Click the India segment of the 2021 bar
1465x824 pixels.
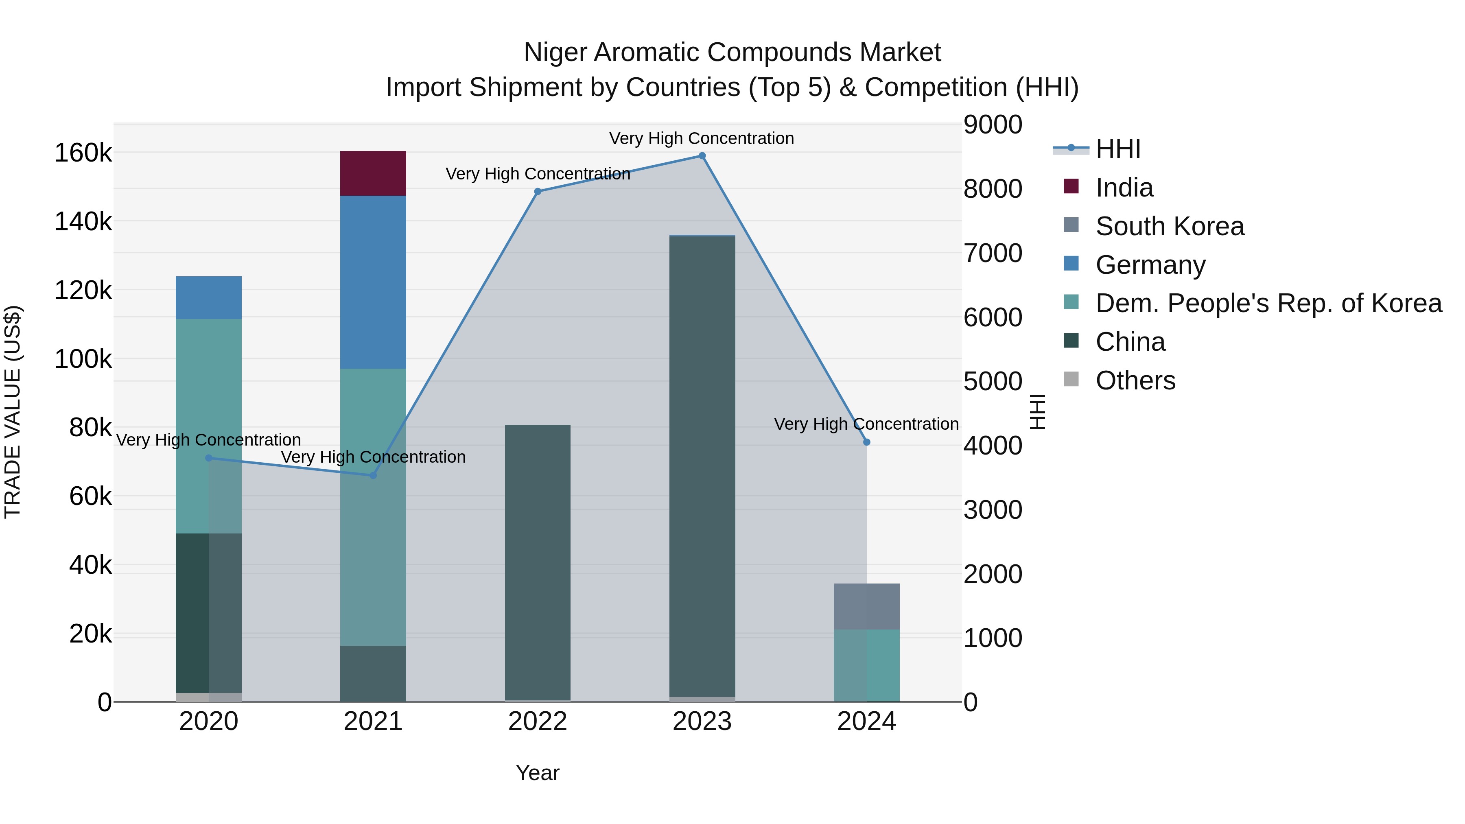coord(373,173)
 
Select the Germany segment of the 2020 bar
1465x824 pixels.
coord(209,297)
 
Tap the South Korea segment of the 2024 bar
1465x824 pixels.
coord(866,606)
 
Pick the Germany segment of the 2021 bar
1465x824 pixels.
coord(373,282)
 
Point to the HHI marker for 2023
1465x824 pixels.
coord(702,156)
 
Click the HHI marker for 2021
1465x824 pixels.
coord(373,475)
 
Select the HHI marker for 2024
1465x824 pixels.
coord(866,442)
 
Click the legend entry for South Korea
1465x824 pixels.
coord(1169,226)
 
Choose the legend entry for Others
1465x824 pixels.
coord(1135,380)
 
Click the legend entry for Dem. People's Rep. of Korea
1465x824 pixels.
coord(1268,303)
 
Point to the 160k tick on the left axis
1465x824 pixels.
coord(83,153)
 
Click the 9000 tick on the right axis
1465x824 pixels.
coord(993,125)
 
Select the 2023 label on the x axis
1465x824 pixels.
coord(702,721)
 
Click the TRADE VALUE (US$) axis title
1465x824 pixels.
coord(13,412)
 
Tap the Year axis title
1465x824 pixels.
coord(538,773)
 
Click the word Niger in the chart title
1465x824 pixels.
coord(555,52)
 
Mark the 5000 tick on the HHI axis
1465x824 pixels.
coord(993,382)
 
